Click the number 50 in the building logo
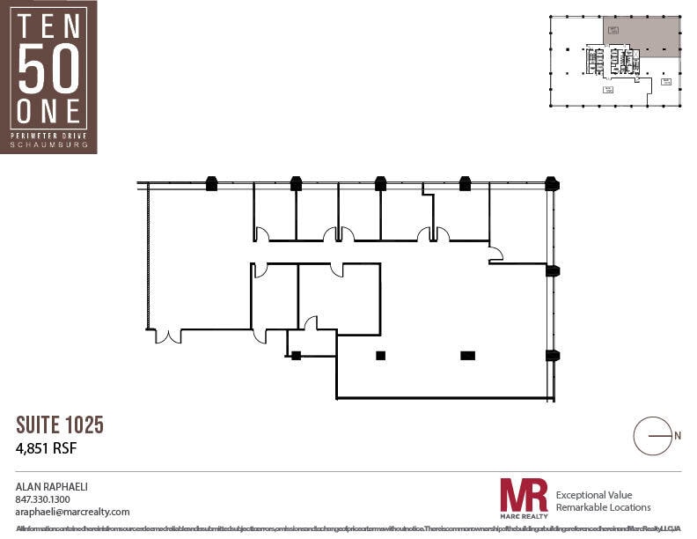(x=48, y=69)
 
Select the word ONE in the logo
(x=48, y=111)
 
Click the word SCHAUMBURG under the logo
(x=48, y=144)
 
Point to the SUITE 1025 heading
(x=60, y=425)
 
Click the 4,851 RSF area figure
(x=47, y=447)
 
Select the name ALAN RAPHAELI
(x=52, y=486)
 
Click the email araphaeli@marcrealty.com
(x=73, y=512)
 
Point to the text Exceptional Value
(x=594, y=495)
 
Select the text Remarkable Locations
(x=604, y=507)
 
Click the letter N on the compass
(x=677, y=435)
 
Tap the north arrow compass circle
(x=653, y=435)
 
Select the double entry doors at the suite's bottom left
(x=168, y=336)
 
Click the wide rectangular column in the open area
(x=467, y=356)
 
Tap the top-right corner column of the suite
(x=552, y=184)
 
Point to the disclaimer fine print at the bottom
(x=348, y=528)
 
